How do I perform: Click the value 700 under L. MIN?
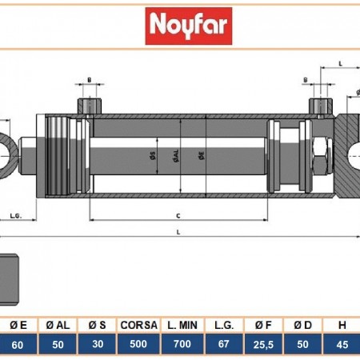pyautogui.click(x=182, y=344)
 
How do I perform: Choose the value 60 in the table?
pyautogui.click(x=19, y=344)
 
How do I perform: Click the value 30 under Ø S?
pyautogui.click(x=98, y=344)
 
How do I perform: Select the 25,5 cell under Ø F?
pyautogui.click(x=261, y=344)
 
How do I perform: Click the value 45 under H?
pyautogui.click(x=342, y=344)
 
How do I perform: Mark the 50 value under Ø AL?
pyautogui.click(x=58, y=344)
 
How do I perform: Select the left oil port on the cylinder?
pyautogui.click(x=90, y=105)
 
